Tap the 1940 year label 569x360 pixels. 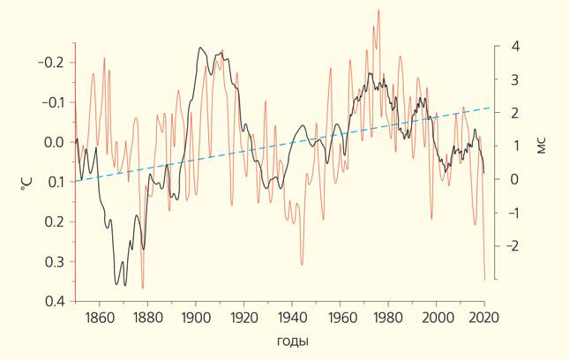[x=291, y=319]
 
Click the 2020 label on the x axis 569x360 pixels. [x=483, y=319]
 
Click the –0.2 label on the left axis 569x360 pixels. [x=53, y=63]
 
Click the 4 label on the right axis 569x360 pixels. [x=514, y=46]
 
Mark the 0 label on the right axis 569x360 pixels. [x=514, y=179]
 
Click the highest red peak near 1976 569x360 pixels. [x=378, y=11]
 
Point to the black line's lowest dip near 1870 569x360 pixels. [x=118, y=284]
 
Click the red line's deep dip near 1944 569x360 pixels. [x=302, y=264]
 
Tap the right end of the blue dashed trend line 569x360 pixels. [x=490, y=108]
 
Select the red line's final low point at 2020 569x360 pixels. [x=484, y=280]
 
